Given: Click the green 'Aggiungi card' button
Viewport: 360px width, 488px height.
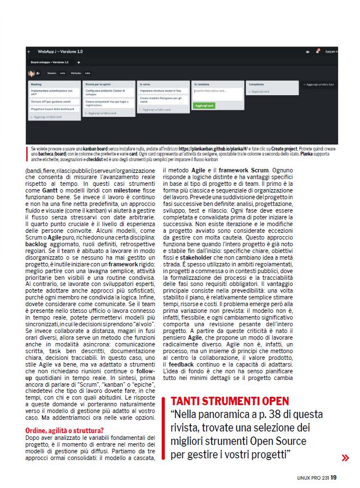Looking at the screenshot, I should pyautogui.click(x=205, y=105).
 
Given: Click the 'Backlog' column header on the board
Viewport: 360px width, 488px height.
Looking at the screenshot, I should pyautogui.click(x=37, y=83).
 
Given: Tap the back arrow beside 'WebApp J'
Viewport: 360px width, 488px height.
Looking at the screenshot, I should pyautogui.click(x=29, y=51).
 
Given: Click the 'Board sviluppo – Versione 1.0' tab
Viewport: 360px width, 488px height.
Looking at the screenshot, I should pyautogui.click(x=50, y=62).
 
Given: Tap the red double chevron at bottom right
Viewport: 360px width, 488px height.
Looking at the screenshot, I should pyautogui.click(x=345, y=457).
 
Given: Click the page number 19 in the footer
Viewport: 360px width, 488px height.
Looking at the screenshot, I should pyautogui.click(x=334, y=477).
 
